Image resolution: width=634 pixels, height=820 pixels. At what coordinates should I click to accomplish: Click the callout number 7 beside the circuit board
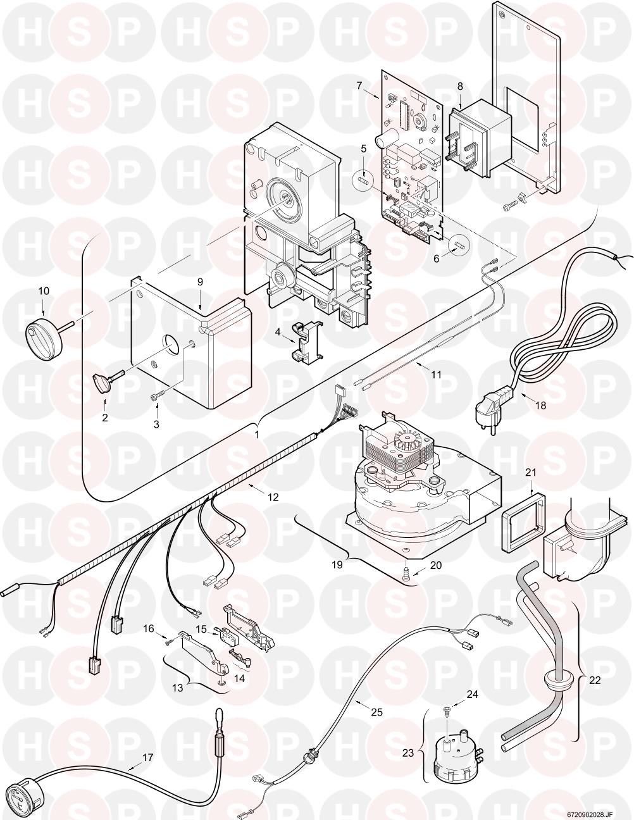359,85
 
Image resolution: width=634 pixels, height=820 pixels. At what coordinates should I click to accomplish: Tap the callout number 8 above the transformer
460,86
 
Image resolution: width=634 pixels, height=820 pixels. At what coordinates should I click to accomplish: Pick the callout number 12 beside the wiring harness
273,497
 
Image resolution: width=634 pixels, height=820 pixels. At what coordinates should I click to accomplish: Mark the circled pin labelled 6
459,242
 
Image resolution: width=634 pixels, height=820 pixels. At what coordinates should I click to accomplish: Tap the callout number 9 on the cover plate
200,282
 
